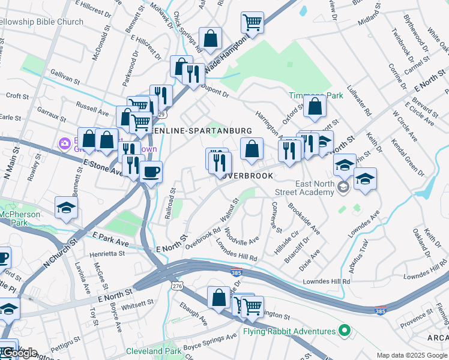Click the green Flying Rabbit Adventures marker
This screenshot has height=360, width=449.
click(x=344, y=331)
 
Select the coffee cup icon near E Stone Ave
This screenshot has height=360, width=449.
click(x=151, y=172)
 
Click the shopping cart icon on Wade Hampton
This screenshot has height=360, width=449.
click(x=252, y=23)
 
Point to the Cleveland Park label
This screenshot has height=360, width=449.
click(x=152, y=351)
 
